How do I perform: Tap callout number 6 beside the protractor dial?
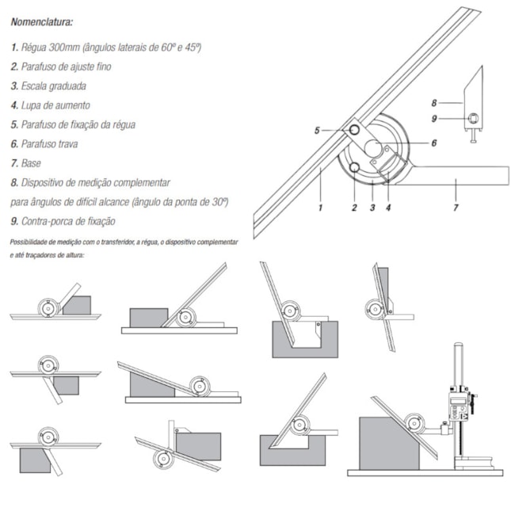click(x=434, y=143)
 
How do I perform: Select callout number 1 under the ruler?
click(x=320, y=208)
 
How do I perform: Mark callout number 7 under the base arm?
click(x=456, y=208)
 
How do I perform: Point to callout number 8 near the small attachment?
click(x=434, y=102)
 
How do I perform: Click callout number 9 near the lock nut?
click(x=434, y=119)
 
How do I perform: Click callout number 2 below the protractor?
click(x=354, y=208)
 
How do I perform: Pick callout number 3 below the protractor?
click(x=372, y=208)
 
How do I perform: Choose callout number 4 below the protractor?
click(x=389, y=208)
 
